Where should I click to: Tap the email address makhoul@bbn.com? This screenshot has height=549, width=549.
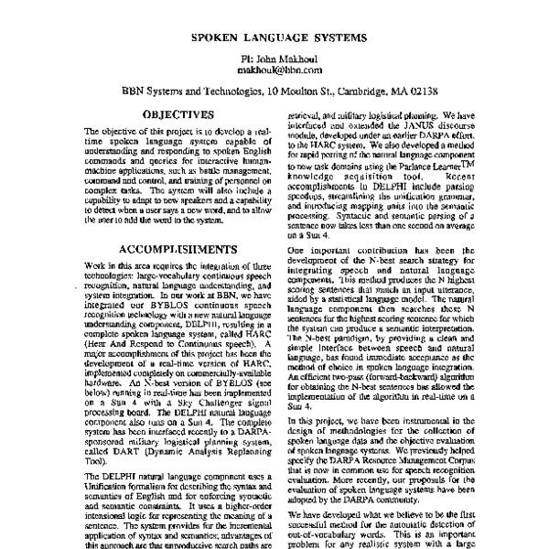tap(279, 69)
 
